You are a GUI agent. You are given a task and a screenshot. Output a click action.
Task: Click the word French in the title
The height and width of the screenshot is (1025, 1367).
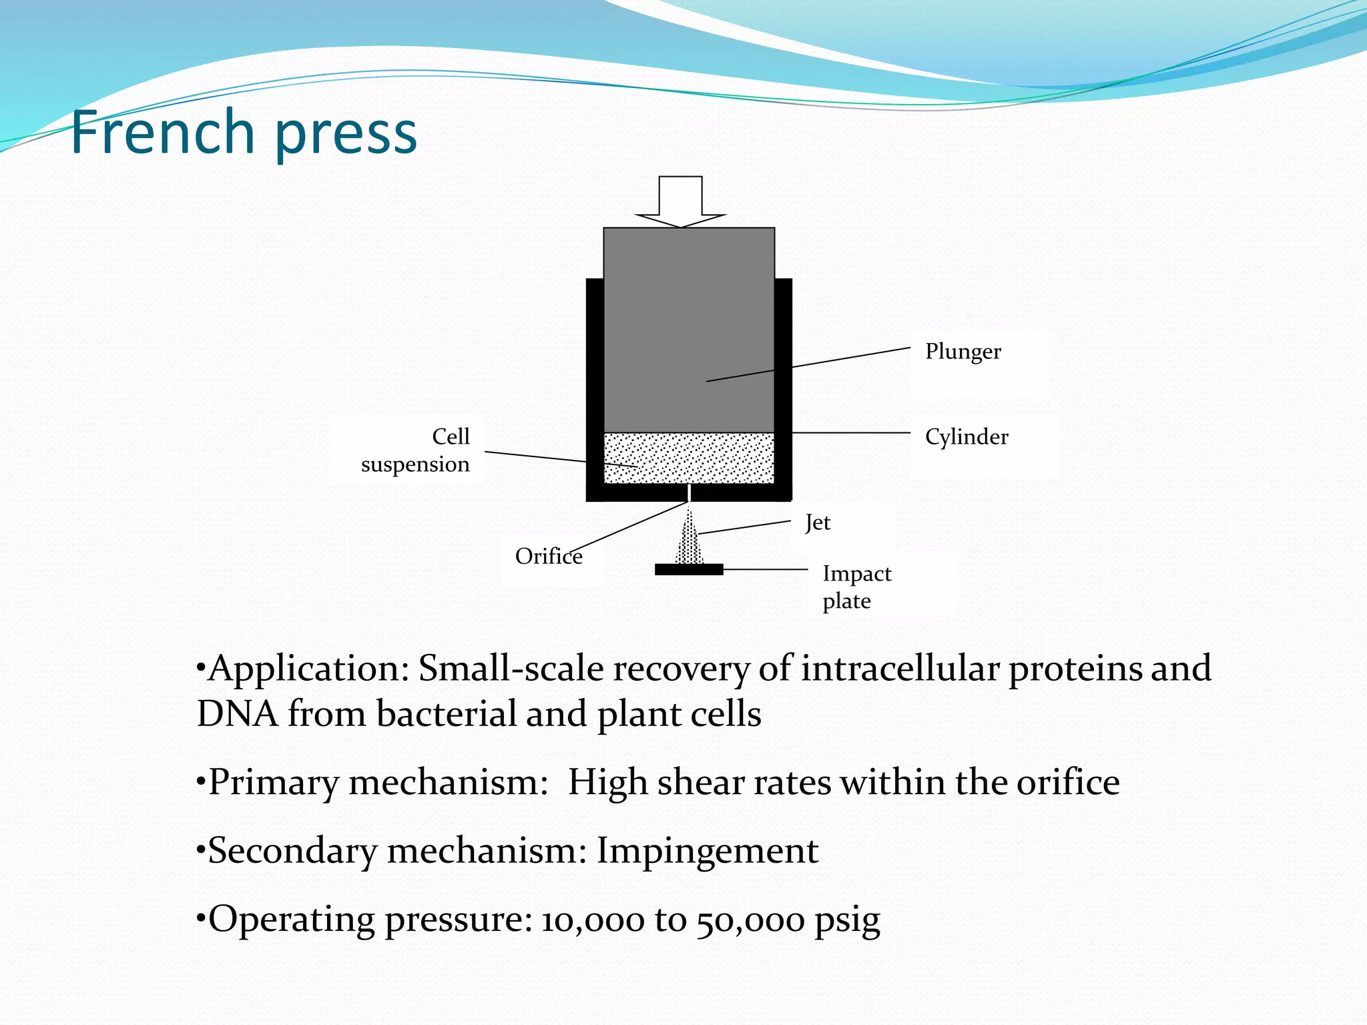click(x=162, y=132)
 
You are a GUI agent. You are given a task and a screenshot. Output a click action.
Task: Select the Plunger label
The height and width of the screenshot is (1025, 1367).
click(x=963, y=352)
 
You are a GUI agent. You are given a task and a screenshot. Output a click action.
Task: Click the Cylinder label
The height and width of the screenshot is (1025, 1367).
click(x=966, y=437)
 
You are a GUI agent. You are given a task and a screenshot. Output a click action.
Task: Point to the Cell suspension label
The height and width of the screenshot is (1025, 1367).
click(x=416, y=450)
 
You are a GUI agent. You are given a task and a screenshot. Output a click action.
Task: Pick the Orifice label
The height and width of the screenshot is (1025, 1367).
click(x=548, y=557)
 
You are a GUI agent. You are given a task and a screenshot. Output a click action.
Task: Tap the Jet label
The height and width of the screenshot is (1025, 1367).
click(x=818, y=523)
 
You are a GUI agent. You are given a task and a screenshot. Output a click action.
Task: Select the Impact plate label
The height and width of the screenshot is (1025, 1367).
click(x=856, y=587)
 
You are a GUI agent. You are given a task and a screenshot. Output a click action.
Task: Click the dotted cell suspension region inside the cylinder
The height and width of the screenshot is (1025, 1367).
click(x=689, y=458)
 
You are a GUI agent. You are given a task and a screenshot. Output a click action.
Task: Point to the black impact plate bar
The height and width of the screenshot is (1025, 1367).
click(x=688, y=569)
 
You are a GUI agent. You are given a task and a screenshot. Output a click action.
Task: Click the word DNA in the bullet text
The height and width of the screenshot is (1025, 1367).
click(x=237, y=713)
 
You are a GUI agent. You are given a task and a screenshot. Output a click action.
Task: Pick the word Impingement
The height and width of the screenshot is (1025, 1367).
click(x=707, y=851)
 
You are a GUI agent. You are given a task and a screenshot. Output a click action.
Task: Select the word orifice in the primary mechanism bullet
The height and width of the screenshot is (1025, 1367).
click(x=1067, y=783)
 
